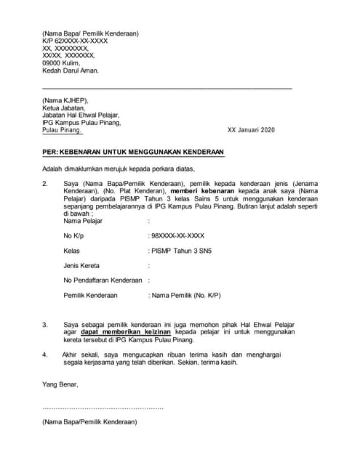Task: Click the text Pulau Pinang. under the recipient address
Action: coord(62,130)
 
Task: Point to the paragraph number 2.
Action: coord(45,185)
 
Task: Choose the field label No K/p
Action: coord(74,236)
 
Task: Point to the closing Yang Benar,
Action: coord(59,384)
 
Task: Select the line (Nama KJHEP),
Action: coord(65,100)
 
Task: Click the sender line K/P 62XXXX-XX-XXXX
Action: coord(75,41)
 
